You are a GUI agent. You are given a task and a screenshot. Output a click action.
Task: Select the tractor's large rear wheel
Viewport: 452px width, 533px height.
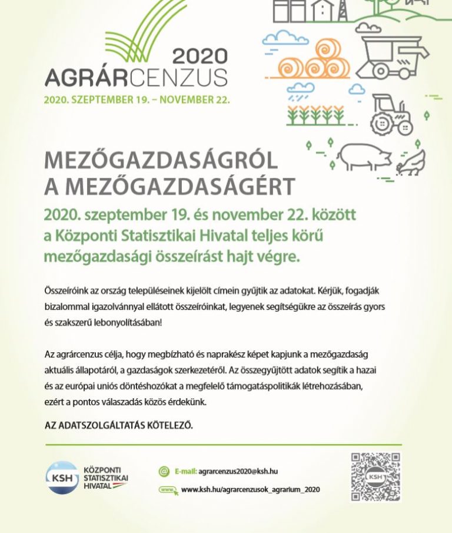pos(383,121)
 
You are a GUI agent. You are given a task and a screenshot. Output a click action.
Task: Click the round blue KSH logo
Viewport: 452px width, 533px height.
pos(62,477)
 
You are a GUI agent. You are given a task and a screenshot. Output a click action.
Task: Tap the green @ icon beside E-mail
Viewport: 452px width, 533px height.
pos(164,471)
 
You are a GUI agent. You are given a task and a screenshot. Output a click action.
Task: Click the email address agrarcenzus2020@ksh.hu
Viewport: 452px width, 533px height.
pos(238,471)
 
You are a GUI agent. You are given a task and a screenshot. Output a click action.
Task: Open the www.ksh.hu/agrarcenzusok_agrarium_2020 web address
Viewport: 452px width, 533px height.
pos(250,489)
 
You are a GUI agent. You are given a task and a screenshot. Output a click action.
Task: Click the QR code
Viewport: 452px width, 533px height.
pos(375,477)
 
